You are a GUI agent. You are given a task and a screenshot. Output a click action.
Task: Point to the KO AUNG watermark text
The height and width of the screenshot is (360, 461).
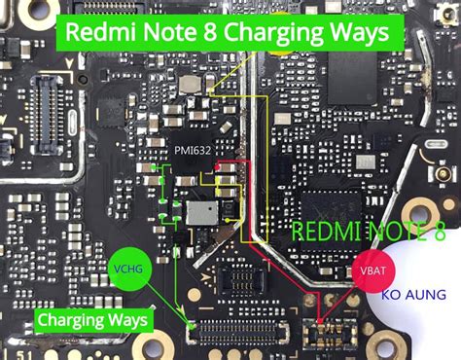click(413, 294)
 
